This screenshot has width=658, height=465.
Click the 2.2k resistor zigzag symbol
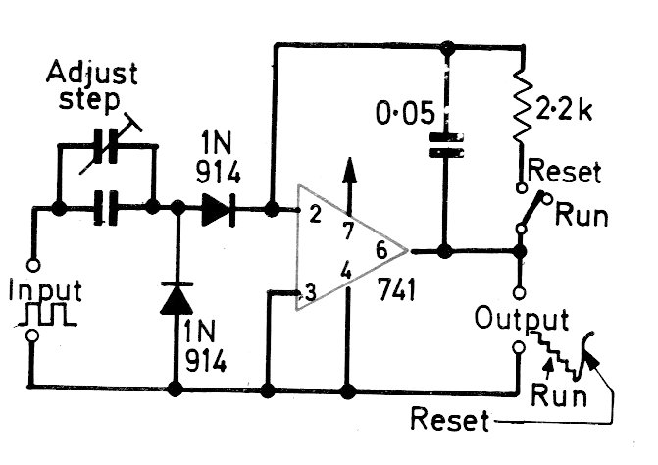tap(522, 108)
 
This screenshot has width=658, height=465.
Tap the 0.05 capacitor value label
tap(405, 113)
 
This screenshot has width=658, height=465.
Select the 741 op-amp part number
tap(396, 288)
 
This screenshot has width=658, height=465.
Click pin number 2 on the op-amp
tap(315, 214)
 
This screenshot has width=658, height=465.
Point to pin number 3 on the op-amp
tap(310, 292)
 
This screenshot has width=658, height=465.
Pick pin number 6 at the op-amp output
tap(381, 250)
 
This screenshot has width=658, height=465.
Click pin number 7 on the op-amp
tap(348, 231)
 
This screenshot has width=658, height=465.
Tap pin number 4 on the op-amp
tap(346, 271)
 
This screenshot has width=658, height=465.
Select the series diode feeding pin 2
tap(219, 209)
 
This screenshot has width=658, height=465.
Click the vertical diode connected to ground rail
tap(177, 298)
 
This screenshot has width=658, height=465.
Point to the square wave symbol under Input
tap(46, 314)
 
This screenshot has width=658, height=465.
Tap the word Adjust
tap(91, 73)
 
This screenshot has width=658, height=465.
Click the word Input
tap(45, 290)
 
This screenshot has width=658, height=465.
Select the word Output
tap(522, 319)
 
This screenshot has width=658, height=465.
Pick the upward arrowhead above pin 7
tap(349, 172)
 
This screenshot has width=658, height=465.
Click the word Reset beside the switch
tap(565, 172)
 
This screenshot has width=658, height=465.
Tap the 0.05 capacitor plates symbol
tap(445, 145)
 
